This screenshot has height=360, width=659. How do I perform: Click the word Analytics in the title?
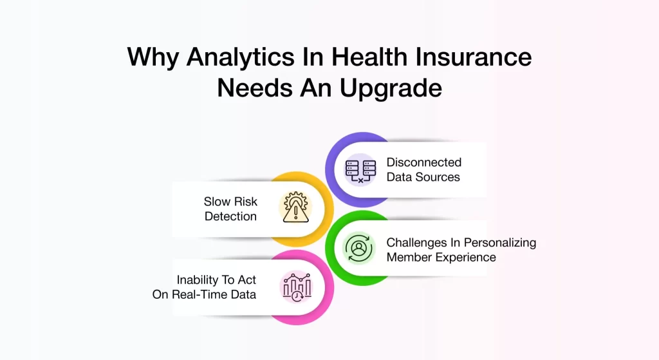coord(241,58)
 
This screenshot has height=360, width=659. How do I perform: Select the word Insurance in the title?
coord(474,57)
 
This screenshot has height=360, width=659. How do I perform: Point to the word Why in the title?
coord(153,58)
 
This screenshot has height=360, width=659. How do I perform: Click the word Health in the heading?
coord(369,57)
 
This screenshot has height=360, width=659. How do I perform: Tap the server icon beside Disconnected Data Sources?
coord(360,171)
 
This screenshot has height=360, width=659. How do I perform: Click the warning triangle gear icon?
coord(296,207)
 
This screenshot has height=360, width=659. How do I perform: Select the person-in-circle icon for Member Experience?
coord(358,249)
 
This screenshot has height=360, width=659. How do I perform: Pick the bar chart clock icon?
coord(297,287)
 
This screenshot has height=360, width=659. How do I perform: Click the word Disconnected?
coord(423,162)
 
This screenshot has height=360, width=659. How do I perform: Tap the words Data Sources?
coord(423,177)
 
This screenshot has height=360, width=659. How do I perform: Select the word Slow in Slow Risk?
coord(216,202)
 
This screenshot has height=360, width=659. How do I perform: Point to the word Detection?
coord(230,216)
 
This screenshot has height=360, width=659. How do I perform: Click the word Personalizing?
coord(499,243)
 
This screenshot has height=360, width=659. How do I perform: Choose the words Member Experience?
coord(441,257)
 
